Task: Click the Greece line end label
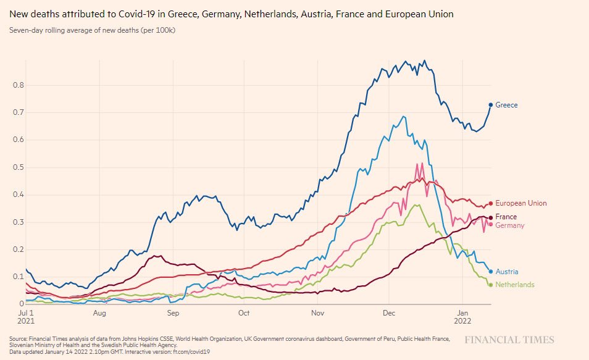506,105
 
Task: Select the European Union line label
520,203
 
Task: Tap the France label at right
506,217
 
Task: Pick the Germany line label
509,225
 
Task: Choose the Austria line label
506,272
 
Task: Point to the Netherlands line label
515,285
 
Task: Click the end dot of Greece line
491,105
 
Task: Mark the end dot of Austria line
491,272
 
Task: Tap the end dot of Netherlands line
491,285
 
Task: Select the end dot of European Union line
491,203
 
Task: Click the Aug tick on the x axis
100,314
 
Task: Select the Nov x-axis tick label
317,314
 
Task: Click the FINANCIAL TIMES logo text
509,340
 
